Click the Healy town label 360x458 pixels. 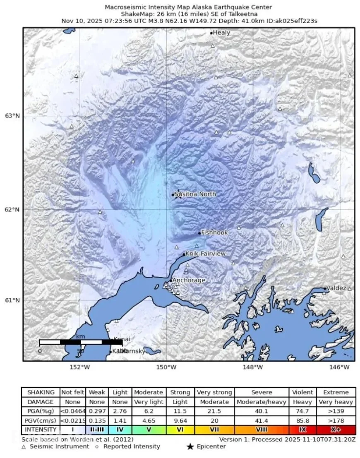tap(221, 33)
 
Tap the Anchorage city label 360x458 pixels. tap(189, 280)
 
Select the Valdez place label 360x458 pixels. tap(336, 288)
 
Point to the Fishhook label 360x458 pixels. tap(214, 233)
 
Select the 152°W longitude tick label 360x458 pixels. tap(79, 367)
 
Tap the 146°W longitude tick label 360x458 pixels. tap(340, 367)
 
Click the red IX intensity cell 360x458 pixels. tap(302, 429)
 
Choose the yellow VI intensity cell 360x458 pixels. tap(180, 429)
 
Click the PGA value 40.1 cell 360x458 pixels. tap(262, 411)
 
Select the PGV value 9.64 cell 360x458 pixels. tap(180, 420)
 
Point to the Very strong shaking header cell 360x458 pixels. tap(214, 392)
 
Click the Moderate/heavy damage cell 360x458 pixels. tap(262, 402)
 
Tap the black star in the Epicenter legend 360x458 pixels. tap(190, 446)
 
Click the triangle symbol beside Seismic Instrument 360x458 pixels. tap(24, 446)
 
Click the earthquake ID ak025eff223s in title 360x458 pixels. tap(297, 21)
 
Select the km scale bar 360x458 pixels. tap(81, 342)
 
